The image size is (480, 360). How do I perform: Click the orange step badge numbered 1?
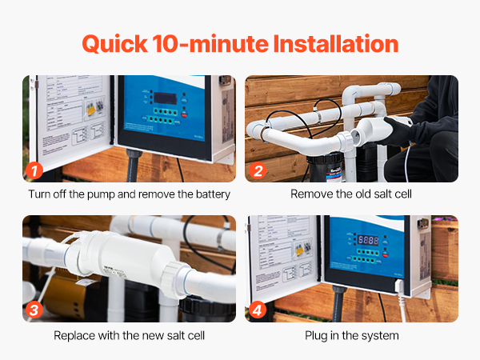coord(34,170)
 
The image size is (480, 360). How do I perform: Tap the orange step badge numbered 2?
coord(258,170)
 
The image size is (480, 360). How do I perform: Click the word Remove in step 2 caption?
coord(310,194)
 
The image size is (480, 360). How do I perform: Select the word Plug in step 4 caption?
coord(318,335)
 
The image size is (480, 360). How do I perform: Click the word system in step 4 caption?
coord(381,335)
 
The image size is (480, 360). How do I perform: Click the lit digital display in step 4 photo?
coord(368,239)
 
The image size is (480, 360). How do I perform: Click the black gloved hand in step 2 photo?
coord(398,128)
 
